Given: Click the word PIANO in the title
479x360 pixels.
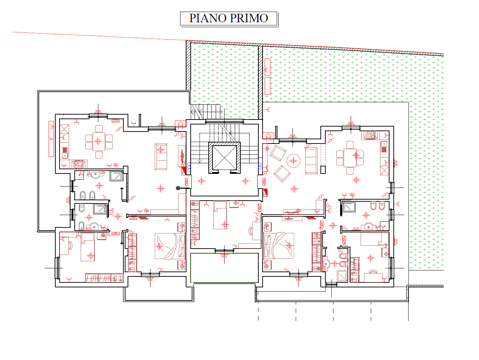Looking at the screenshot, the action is (x=208, y=18).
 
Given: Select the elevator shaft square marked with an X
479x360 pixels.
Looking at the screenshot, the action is (x=224, y=158).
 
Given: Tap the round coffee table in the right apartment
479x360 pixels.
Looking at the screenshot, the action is (x=293, y=161).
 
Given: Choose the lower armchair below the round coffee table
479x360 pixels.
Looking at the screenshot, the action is (x=282, y=173).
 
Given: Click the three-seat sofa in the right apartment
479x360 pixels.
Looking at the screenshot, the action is (x=311, y=161).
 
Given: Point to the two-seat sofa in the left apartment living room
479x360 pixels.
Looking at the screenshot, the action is (x=161, y=157).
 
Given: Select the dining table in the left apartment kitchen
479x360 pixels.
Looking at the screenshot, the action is (x=99, y=141).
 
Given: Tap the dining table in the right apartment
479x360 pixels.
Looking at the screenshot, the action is (x=350, y=158).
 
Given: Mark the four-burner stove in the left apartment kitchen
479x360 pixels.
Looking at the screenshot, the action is (x=78, y=164).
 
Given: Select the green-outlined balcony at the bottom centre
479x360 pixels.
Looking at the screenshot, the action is (x=224, y=268).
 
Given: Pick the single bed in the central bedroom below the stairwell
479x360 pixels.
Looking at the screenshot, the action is (x=220, y=215).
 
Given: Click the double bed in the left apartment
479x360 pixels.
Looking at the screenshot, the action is (x=170, y=246).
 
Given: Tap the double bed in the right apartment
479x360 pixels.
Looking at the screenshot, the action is (x=279, y=246).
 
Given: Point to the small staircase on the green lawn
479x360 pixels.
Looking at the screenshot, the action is (x=205, y=111).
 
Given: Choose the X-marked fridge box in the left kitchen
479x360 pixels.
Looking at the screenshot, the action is (x=64, y=129).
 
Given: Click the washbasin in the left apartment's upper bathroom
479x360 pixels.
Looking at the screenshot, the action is (x=96, y=175).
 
